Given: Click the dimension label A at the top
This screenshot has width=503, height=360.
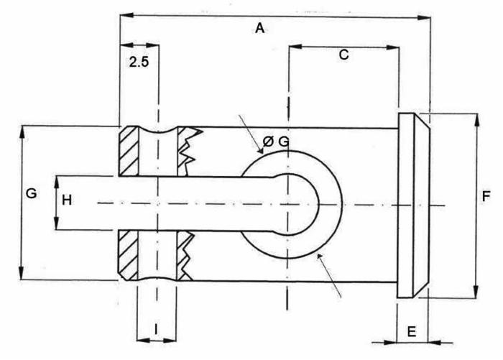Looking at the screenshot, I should point(260,29).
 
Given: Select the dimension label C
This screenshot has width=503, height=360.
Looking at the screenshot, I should point(343,55).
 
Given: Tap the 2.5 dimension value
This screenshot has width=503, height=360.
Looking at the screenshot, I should point(139,63).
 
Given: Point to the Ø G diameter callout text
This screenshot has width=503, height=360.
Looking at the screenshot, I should point(275,142).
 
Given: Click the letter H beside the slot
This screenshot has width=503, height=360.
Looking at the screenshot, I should point(66,200).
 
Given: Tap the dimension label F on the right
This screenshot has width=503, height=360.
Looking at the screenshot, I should point(486,196).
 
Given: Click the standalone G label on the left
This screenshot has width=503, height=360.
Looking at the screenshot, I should point(30,194).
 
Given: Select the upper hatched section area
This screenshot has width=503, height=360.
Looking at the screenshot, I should point(129,150).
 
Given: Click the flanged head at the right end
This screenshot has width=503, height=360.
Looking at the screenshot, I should point(411,204).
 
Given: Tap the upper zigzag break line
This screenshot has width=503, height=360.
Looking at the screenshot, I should point(188,149).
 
